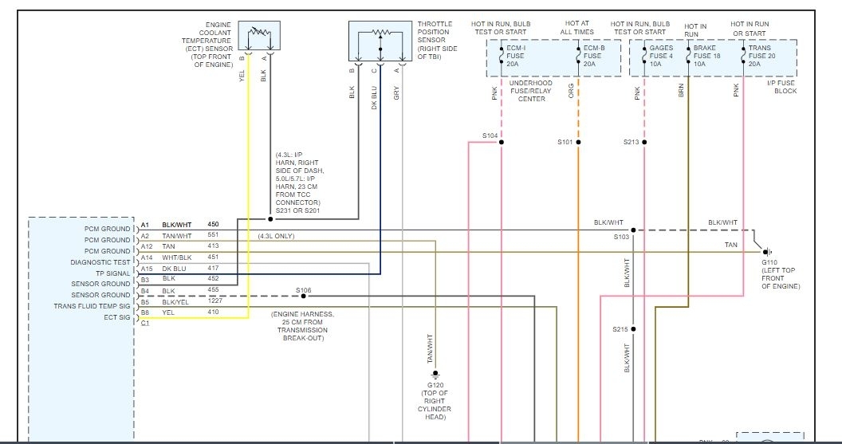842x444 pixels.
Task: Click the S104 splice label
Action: pyautogui.click(x=490, y=136)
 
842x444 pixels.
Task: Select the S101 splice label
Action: pyautogui.click(x=565, y=143)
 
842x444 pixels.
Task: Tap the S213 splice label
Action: pyautogui.click(x=631, y=143)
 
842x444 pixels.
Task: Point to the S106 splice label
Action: pyautogui.click(x=303, y=290)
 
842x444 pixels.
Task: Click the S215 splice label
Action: pyautogui.click(x=621, y=329)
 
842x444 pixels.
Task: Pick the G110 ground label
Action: pyautogui.click(x=769, y=262)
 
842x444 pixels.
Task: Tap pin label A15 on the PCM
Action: pyautogui.click(x=146, y=269)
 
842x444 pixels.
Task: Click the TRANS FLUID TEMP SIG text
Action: pyautogui.click(x=92, y=306)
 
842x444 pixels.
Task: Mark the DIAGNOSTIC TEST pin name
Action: pyautogui.click(x=101, y=261)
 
